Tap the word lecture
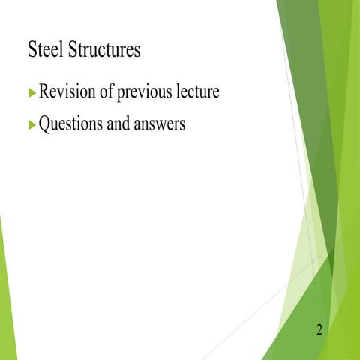pyautogui.click(x=202, y=94)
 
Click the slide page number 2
pyautogui.click(x=320, y=329)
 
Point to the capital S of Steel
pyautogui.click(x=31, y=51)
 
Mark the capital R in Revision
pyautogui.click(x=44, y=94)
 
